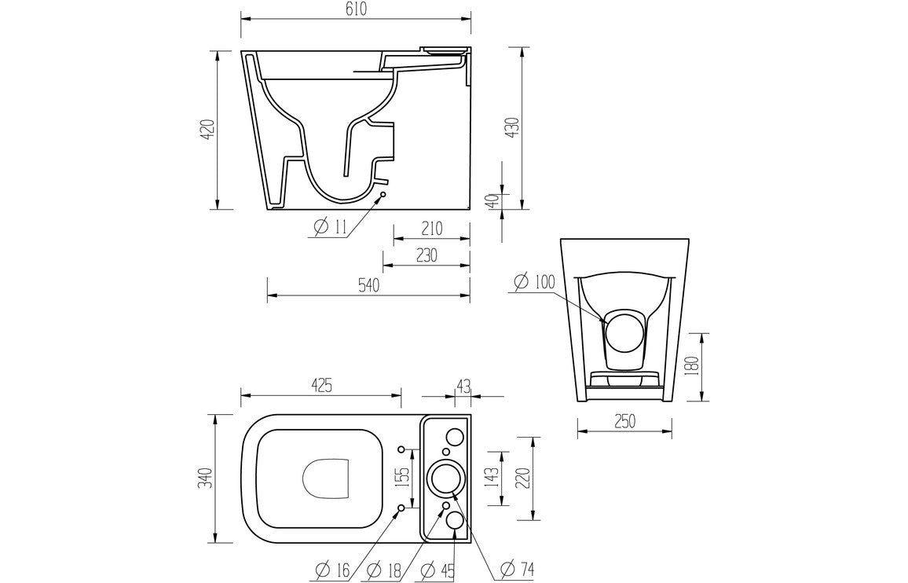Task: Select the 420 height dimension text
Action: [207, 130]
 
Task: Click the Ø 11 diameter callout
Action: [330, 228]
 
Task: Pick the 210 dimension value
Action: [430, 229]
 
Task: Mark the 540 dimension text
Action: [368, 285]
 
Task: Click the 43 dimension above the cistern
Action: [463, 385]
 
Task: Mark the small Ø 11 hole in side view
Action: [383, 194]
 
